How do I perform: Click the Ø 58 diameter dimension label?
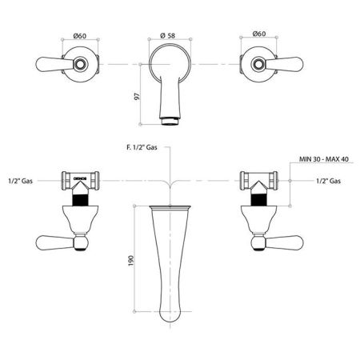tap(168, 35)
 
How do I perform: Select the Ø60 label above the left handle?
tap(80, 36)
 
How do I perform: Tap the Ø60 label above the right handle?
tap(259, 34)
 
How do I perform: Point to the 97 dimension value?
tap(137, 96)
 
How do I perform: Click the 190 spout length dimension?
tap(130, 261)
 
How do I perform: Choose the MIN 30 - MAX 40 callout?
tap(324, 159)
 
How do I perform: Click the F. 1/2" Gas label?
tap(142, 147)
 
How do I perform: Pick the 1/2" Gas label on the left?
tap(21, 181)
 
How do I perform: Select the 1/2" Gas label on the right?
tap(329, 181)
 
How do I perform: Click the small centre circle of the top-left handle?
tap(80, 64)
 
